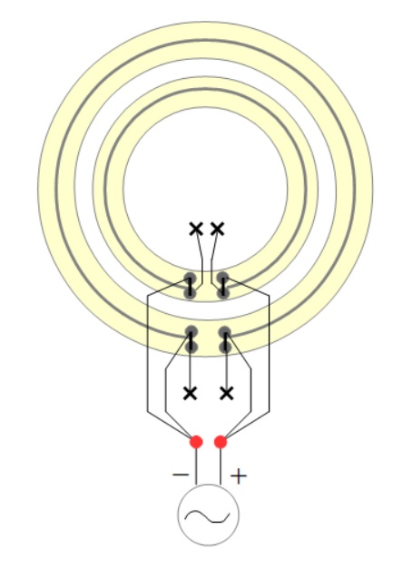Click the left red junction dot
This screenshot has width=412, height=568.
(x=196, y=442)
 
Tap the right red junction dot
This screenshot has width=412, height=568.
(x=221, y=442)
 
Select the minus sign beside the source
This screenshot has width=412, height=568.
(x=181, y=475)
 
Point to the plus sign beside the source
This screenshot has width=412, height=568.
(x=239, y=476)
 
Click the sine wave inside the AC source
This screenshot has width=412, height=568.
(x=207, y=516)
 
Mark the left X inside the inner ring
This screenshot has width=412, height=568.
(x=196, y=229)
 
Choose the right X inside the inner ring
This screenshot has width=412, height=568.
(x=217, y=229)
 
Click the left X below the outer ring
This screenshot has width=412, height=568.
(x=191, y=393)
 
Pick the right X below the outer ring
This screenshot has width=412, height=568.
(x=227, y=393)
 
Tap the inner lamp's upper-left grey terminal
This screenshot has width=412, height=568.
(x=190, y=279)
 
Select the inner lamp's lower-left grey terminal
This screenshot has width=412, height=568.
(x=191, y=292)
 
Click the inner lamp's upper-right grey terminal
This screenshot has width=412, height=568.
(x=223, y=279)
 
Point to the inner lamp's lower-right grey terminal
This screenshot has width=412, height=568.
(x=223, y=292)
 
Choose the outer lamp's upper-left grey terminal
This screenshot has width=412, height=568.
(x=191, y=332)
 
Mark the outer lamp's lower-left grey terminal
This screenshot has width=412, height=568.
(x=191, y=347)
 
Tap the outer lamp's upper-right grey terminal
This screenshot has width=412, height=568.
(x=225, y=332)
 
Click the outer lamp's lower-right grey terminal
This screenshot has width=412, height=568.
(x=225, y=347)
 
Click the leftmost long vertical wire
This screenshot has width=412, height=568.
(x=148, y=354)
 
